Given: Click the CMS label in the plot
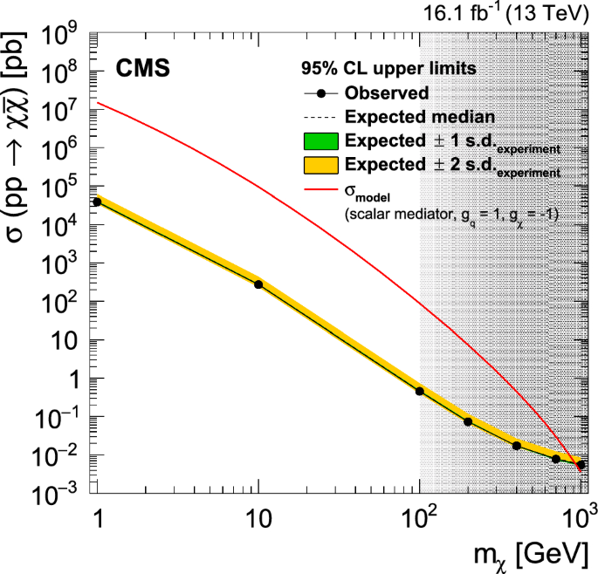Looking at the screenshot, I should click(x=144, y=69).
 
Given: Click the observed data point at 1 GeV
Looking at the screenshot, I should click(x=97, y=202).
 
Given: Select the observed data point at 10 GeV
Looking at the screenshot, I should click(x=258, y=284).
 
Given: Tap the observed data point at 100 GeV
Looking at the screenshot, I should click(x=420, y=391).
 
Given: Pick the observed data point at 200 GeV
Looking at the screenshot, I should click(x=468, y=421).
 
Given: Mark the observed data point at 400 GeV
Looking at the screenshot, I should click(x=517, y=446).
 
